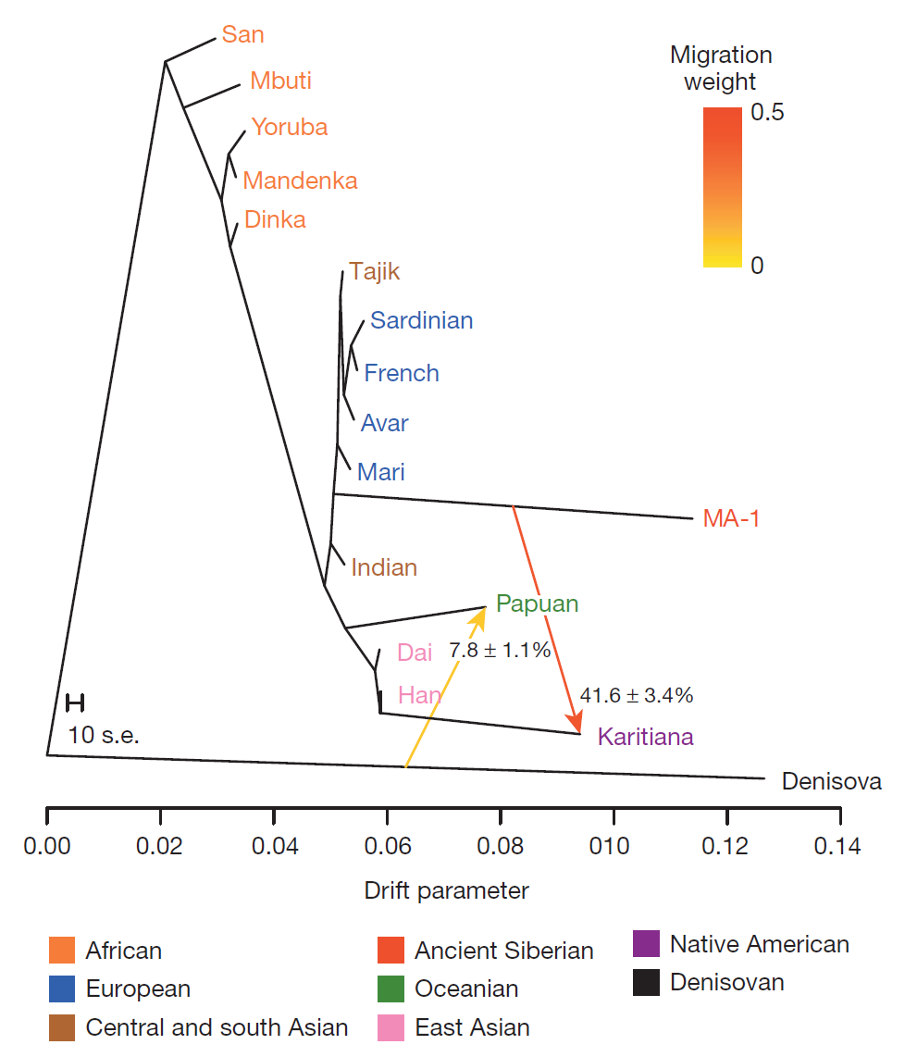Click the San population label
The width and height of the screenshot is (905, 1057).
click(242, 35)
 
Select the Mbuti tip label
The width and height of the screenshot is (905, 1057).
click(280, 81)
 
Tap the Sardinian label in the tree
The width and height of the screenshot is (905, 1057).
click(421, 320)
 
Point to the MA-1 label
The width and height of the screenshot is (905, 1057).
click(731, 519)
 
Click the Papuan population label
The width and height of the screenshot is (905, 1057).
click(537, 604)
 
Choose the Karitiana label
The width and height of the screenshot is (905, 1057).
click(645, 738)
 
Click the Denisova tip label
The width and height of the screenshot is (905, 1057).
click(831, 782)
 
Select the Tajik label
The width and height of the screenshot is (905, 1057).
click(375, 272)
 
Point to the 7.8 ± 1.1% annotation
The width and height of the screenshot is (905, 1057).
click(500, 651)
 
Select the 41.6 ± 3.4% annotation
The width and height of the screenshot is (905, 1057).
click(636, 694)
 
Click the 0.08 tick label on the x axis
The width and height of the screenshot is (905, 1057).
click(500, 845)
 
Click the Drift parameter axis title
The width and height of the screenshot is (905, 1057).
click(446, 891)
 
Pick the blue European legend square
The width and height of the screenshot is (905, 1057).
click(62, 989)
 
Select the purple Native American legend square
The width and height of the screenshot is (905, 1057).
click(646, 944)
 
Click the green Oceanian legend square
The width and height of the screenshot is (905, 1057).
click(391, 989)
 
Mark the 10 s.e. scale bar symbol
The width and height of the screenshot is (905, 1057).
click(75, 703)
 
